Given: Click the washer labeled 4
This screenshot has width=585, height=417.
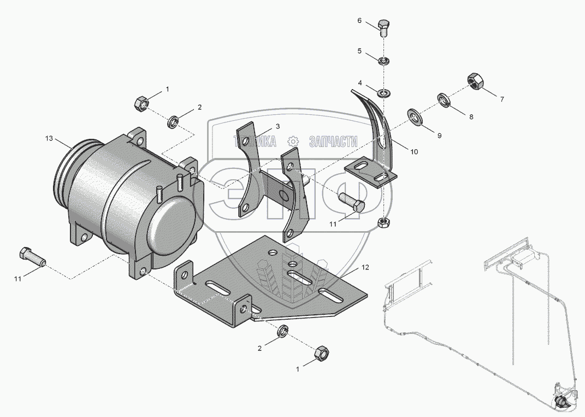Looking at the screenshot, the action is coord(385,92).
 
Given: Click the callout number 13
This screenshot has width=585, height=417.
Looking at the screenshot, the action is coord(49,139).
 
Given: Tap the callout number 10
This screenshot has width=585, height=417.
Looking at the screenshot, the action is coord(414,152).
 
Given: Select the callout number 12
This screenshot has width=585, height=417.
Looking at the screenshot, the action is coord(365,268).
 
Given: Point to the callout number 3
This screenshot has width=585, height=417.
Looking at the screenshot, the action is coord(277,126).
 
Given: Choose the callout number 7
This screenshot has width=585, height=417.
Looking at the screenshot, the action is coord(501,99).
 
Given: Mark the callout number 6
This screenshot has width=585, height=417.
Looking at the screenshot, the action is coord(359,20).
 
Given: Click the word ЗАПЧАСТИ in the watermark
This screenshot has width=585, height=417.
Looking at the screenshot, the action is coord(333,141).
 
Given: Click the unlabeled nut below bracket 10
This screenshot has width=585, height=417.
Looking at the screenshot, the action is coord(384,221).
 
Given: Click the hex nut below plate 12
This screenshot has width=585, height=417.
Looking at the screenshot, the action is coord(322,355).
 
